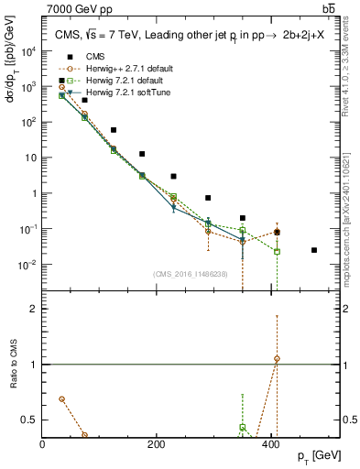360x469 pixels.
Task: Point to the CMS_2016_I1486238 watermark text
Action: click(191, 274)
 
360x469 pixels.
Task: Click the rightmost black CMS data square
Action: click(314, 250)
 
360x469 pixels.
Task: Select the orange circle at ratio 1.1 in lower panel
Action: click(277, 358)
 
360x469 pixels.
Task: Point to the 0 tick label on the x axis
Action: click(42, 444)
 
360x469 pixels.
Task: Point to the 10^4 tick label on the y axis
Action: click(27, 51)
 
